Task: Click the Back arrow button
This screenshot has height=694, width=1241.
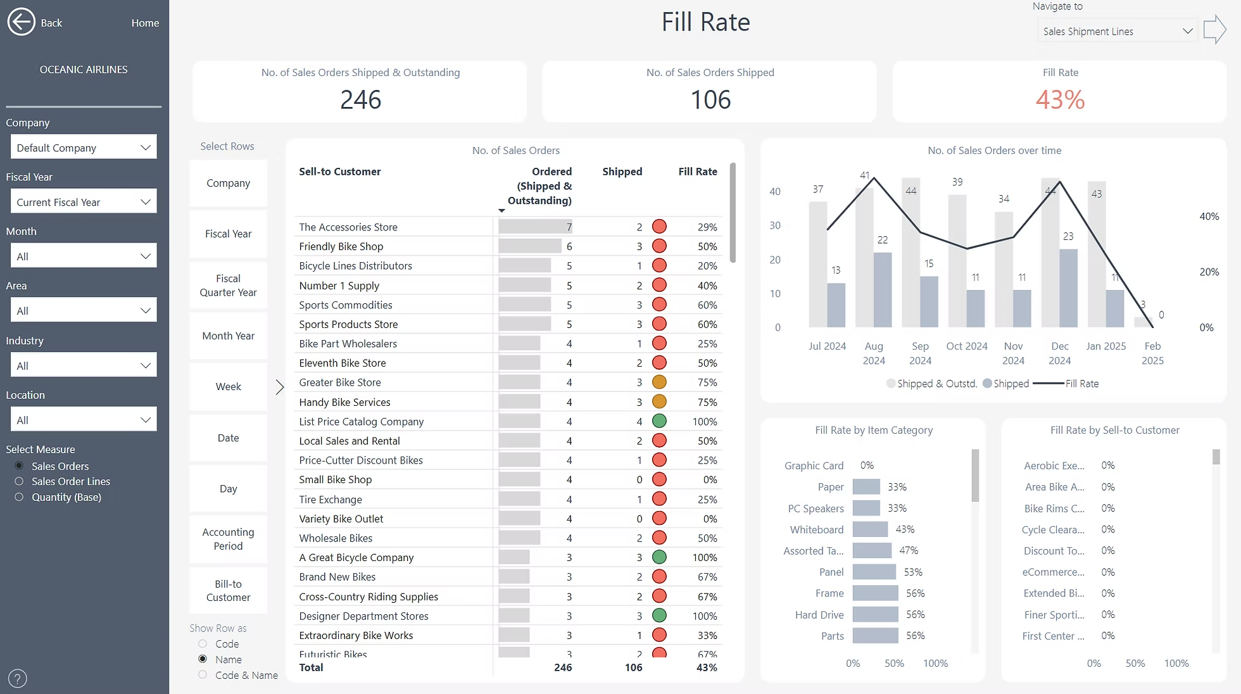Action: coord(21,22)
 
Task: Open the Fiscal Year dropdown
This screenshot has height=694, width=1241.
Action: coord(83,202)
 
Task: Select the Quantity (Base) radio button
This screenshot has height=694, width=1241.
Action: coord(19,497)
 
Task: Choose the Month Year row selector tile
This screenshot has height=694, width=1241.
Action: coord(228,336)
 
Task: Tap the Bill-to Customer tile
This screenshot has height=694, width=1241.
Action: coord(228,590)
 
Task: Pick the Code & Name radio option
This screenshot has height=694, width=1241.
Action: coord(203,675)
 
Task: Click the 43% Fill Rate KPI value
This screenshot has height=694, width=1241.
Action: coord(1060,99)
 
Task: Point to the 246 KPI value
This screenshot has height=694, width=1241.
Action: coord(360,99)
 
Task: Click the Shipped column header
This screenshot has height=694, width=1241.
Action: coord(622,172)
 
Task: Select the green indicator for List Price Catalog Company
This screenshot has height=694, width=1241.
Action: coord(659,421)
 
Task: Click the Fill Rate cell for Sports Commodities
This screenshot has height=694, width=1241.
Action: coord(707,305)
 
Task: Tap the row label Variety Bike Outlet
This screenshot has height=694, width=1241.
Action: coord(341,519)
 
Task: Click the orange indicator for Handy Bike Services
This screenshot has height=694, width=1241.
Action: coord(659,401)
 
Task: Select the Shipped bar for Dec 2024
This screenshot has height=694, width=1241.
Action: coord(1068,288)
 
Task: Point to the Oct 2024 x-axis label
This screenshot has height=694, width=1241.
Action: coord(966,346)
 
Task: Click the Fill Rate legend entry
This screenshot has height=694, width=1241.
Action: coord(1081,384)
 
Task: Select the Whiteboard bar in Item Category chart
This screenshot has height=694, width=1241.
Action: coord(870,529)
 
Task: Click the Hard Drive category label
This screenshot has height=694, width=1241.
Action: coord(819,615)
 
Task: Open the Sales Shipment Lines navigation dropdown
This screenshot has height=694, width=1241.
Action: coord(1117,31)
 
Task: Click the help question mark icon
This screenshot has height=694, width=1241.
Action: coord(18,678)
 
